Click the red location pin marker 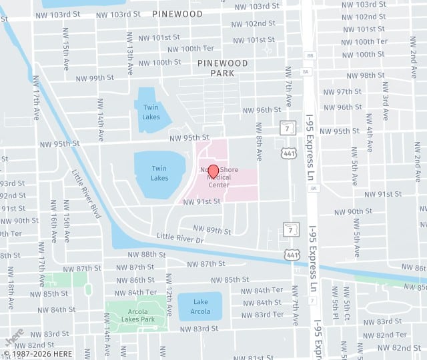(x=213, y=171)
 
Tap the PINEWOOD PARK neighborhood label (x=223, y=68)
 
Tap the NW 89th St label (x=209, y=231)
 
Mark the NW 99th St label (x=93, y=78)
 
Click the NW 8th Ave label (x=258, y=142)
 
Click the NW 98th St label (x=361, y=75)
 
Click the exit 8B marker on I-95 (x=309, y=56)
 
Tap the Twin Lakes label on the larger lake (x=159, y=173)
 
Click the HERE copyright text (x=38, y=353)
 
